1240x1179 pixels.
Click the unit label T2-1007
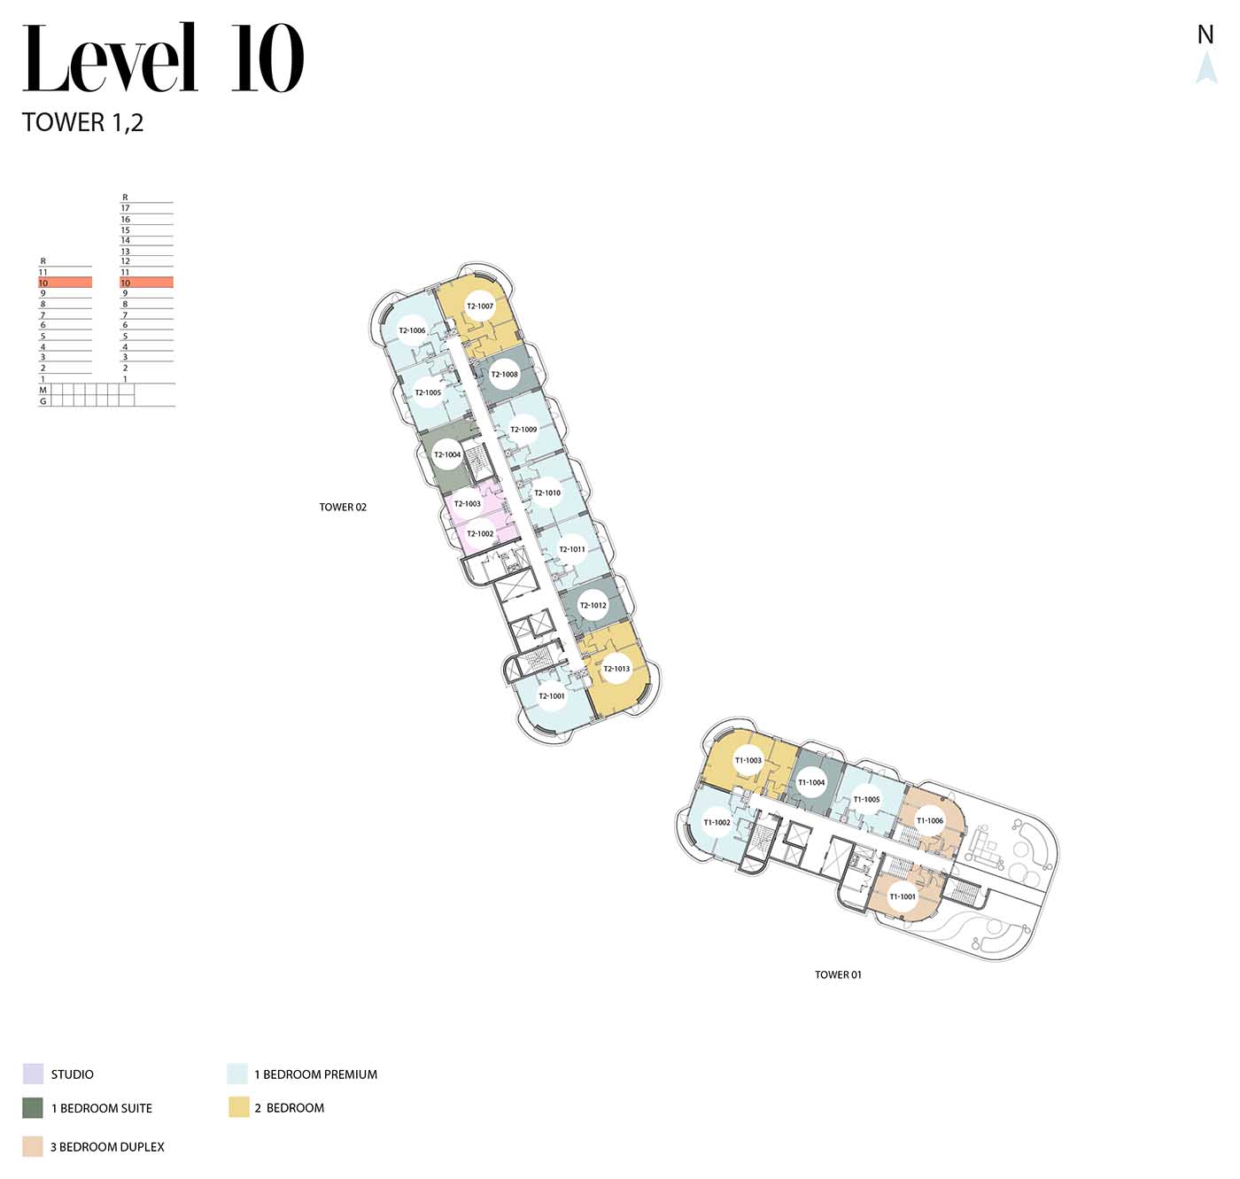click(480, 306)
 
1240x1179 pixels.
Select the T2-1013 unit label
click(616, 669)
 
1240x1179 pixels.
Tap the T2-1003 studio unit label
click(468, 503)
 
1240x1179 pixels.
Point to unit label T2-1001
click(551, 695)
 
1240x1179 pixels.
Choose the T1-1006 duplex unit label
click(930, 821)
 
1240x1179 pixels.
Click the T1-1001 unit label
click(902, 896)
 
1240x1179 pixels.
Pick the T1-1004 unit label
click(811, 782)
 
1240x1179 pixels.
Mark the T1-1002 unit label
click(717, 822)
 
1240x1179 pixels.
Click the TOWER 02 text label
click(343, 508)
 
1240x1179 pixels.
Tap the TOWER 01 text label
click(838, 974)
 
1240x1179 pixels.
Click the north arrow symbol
click(1206, 67)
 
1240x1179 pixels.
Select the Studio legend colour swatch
click(33, 1074)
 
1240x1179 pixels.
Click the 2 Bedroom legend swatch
click(239, 1107)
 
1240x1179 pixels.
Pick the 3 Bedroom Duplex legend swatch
click(33, 1146)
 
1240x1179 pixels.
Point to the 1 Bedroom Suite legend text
click(102, 1108)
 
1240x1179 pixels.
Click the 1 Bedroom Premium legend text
click(316, 1074)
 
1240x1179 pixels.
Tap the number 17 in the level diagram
click(125, 208)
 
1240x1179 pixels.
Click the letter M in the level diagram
click(43, 390)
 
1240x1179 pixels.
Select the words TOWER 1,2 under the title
click(82, 122)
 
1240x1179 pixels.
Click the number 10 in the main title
click(267, 58)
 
